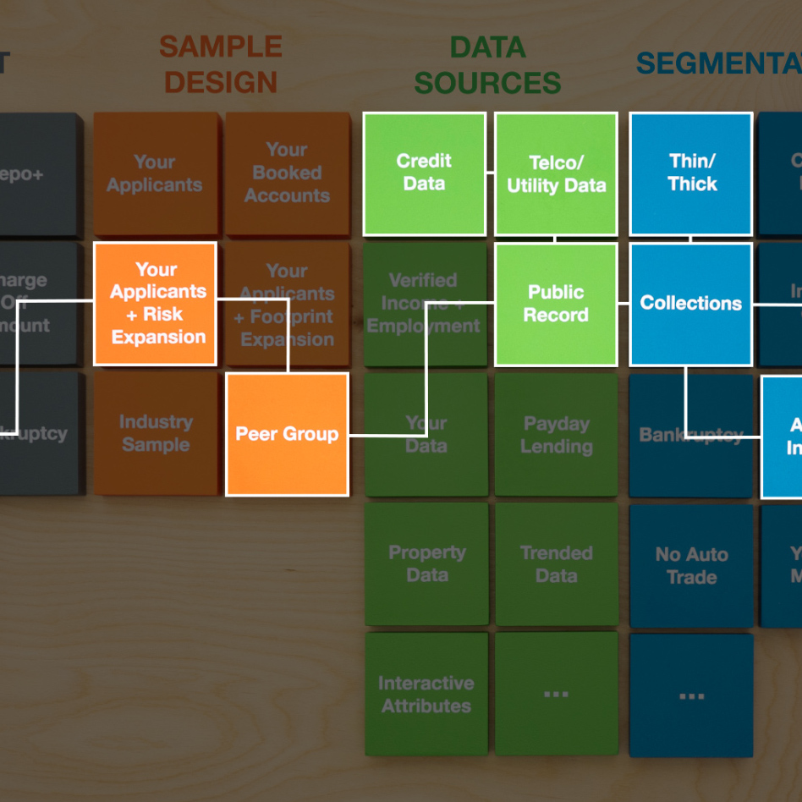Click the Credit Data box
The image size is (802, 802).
pos(425,173)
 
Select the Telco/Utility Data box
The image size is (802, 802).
pos(556,173)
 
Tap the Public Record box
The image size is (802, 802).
pos(556,304)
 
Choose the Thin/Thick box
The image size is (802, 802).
pos(691,173)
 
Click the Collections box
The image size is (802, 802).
pos(691,304)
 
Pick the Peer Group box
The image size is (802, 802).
pos(287,434)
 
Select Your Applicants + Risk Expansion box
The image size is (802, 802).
pos(156,304)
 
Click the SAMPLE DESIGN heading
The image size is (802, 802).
pos(221,64)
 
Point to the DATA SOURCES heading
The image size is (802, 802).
pos(487,64)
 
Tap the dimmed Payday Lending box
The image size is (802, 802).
pos(556,435)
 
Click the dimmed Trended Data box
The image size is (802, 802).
pos(556,564)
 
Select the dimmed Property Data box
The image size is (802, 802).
pos(426,564)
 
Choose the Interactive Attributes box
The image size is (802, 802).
pos(426,694)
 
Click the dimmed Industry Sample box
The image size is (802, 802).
pos(156,433)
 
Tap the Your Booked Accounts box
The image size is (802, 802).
pos(287,173)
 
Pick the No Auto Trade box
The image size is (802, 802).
pos(691,565)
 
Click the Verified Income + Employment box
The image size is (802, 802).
pos(425,304)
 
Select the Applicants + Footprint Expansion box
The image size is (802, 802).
pos(287,304)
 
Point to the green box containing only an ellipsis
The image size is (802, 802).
pos(556,694)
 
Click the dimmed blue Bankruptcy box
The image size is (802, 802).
pos(691,435)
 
